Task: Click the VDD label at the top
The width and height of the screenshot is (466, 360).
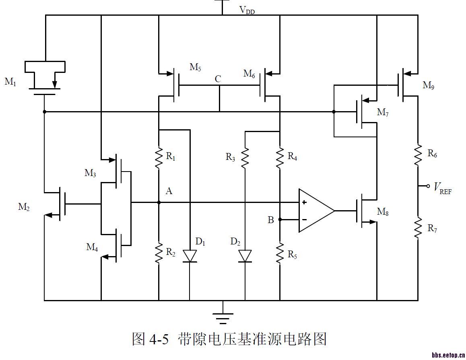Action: [x=247, y=10]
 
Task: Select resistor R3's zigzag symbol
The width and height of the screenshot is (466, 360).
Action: [x=245, y=157]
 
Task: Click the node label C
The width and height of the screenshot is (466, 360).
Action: [x=218, y=79]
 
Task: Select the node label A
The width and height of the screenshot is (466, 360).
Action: [x=169, y=191]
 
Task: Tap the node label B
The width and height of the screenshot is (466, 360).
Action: [x=271, y=220]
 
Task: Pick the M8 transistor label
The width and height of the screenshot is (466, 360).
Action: [x=382, y=211]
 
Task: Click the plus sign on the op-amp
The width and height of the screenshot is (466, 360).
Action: [x=305, y=202]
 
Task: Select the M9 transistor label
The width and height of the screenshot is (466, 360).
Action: [x=429, y=85]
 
